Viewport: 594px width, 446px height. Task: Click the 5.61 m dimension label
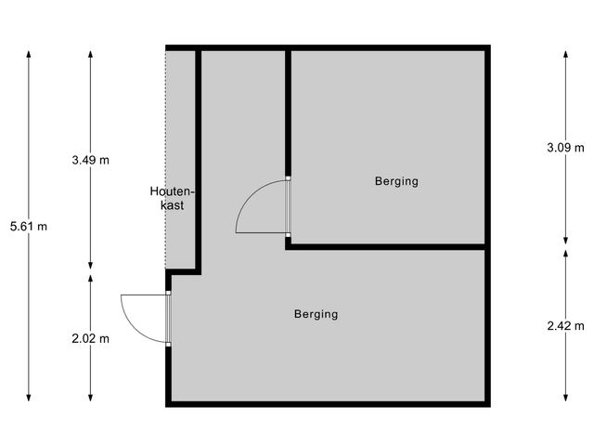pos(29,226)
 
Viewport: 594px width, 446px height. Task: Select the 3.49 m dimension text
pos(90,160)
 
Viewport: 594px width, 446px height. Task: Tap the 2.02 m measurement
pos(90,338)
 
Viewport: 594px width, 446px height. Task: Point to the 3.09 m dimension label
pos(565,148)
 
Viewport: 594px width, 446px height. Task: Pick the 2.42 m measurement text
pos(565,325)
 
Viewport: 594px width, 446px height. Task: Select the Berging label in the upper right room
pos(396,181)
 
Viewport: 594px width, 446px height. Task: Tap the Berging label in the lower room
pos(316,314)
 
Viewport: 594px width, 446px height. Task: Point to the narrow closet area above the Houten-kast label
pos(180,111)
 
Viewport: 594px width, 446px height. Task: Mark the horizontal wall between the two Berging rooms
pos(385,246)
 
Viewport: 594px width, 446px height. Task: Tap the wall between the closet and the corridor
pos(198,158)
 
